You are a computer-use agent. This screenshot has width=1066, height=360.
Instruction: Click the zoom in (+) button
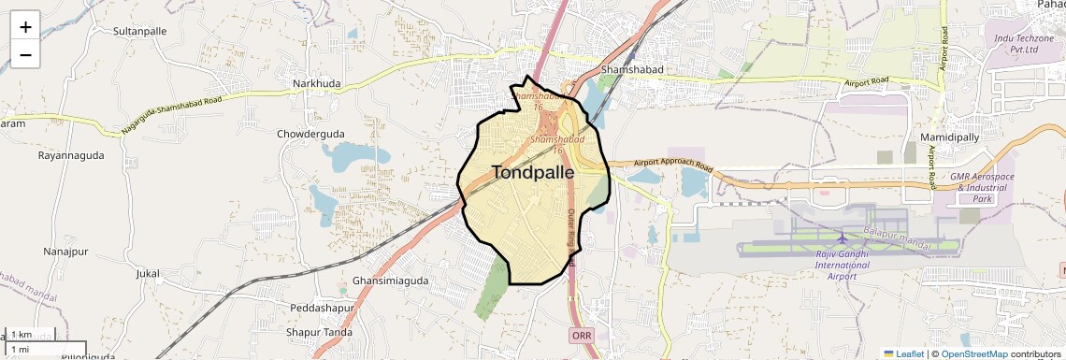(25, 26)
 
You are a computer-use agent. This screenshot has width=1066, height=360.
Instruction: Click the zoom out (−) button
(25, 54)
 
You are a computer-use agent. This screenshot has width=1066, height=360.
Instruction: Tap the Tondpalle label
(532, 172)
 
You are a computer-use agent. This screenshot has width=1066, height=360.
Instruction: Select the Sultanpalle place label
(139, 31)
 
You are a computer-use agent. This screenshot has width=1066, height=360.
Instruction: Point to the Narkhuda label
(317, 83)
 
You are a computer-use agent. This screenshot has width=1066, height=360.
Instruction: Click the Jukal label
(149, 273)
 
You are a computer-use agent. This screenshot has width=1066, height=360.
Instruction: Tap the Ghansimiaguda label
(390, 281)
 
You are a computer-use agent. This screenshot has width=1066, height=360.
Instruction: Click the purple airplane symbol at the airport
(843, 238)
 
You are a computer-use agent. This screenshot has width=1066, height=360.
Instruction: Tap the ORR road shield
(581, 334)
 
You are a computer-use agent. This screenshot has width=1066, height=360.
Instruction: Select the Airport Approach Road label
(673, 168)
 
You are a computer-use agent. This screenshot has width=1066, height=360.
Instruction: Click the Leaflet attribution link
(904, 353)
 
